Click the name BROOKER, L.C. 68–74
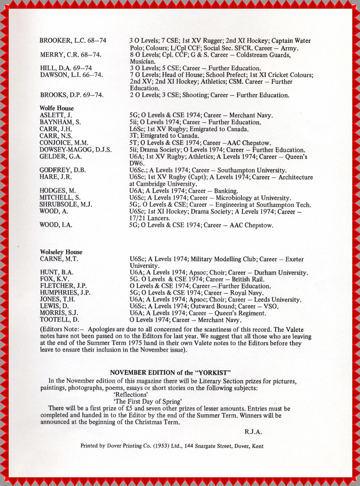[x=73, y=41]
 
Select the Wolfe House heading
[x=57, y=108]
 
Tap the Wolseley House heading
[x=61, y=252]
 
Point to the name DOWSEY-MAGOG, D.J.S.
[x=76, y=150]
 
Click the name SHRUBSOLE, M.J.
[x=66, y=205]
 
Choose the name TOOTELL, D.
[x=60, y=320]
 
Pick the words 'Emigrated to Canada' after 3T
[x=170, y=136]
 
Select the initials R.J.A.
[x=253, y=432]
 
